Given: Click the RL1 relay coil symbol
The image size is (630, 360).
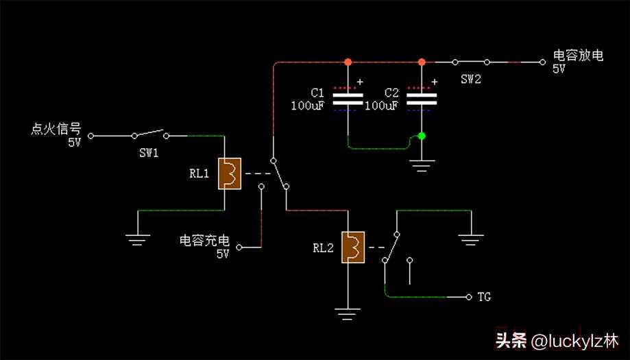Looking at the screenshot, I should click(x=229, y=173).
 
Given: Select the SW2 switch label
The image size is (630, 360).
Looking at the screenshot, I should click(x=471, y=80).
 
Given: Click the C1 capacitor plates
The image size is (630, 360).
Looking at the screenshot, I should click(x=348, y=99).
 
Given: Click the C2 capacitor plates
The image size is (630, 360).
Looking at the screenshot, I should click(x=422, y=99).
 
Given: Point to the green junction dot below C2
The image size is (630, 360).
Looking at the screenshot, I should click(x=422, y=136).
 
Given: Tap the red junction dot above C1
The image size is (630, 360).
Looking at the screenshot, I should click(x=348, y=62).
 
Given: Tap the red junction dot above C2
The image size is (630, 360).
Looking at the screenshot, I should click(x=422, y=62).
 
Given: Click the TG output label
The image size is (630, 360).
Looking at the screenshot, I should click(x=484, y=297).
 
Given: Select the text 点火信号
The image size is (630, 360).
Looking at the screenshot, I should click(x=56, y=129).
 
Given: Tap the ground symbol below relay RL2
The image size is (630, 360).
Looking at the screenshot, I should click(x=348, y=314).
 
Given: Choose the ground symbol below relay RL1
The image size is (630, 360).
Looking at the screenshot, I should click(x=138, y=239).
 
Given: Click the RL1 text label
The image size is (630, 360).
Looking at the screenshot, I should click(x=199, y=173).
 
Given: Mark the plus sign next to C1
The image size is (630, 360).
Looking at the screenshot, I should click(x=361, y=82).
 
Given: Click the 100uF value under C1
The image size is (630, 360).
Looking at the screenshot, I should click(x=307, y=106).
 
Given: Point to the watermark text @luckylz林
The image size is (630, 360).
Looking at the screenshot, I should click(x=575, y=340).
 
